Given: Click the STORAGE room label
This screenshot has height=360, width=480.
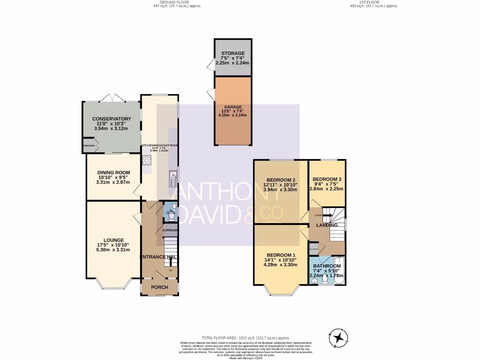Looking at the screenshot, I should (x=233, y=53).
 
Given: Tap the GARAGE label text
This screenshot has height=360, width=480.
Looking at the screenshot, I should (x=232, y=107).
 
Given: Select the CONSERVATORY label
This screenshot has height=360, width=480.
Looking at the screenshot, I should (x=111, y=119).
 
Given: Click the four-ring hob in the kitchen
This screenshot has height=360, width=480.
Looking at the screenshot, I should (x=147, y=161).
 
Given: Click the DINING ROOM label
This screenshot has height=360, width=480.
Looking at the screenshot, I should (x=113, y=172).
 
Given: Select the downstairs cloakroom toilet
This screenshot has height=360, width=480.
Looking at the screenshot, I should (x=169, y=218).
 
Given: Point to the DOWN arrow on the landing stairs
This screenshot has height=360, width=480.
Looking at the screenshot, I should (x=326, y=215).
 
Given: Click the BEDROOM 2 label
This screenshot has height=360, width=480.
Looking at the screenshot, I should (x=281, y=180).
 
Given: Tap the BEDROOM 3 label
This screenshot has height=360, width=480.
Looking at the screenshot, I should (x=327, y=179).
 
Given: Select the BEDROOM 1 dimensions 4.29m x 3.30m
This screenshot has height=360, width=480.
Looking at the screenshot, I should (x=281, y=264).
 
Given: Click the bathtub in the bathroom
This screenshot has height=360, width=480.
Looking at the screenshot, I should (x=341, y=270).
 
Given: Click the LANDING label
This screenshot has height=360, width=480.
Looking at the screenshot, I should (x=327, y=225).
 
